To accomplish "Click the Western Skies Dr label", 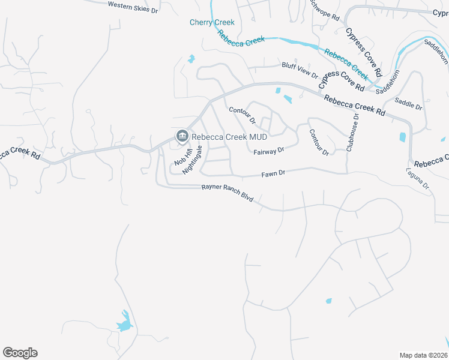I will click(133, 7).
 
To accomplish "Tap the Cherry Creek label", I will click(212, 22).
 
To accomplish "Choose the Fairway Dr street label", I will click(268, 152).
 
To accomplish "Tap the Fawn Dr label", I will click(273, 173).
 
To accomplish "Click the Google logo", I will click(20, 353).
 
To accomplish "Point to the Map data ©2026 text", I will click(423, 355).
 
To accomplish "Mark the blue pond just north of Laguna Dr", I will click(402, 137).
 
